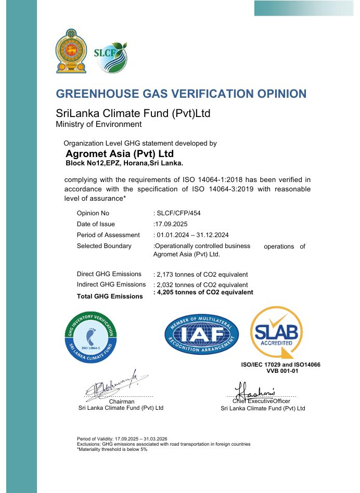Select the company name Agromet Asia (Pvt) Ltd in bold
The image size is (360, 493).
pyautogui.click(x=119, y=154)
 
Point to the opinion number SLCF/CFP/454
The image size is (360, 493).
pyautogui.click(x=178, y=213)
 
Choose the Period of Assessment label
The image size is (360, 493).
pyautogui.click(x=108, y=235)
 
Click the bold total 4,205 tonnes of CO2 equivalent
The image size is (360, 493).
pyautogui.click(x=203, y=292)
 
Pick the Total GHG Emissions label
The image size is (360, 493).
pyautogui.click(x=109, y=296)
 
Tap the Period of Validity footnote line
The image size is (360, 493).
pyautogui.click(x=122, y=439)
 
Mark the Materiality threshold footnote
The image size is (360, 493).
pyautogui.click(x=112, y=449)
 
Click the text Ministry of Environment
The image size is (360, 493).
pyautogui.click(x=98, y=124)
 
